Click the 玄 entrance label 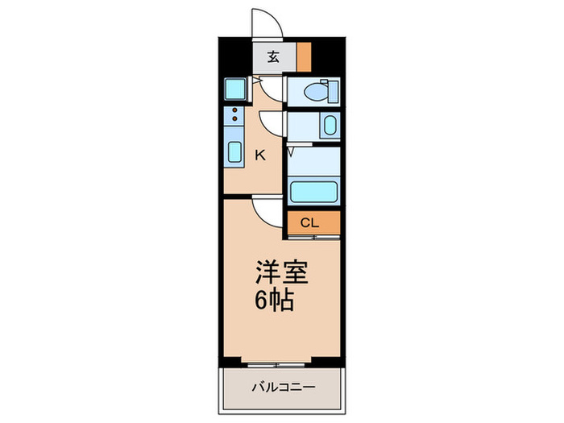[273, 56]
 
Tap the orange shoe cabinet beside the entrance [304, 56]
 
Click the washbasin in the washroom [329, 126]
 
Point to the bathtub [313, 192]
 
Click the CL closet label [310, 223]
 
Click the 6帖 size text [275, 301]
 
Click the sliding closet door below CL [312, 238]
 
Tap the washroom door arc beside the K [272, 122]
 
